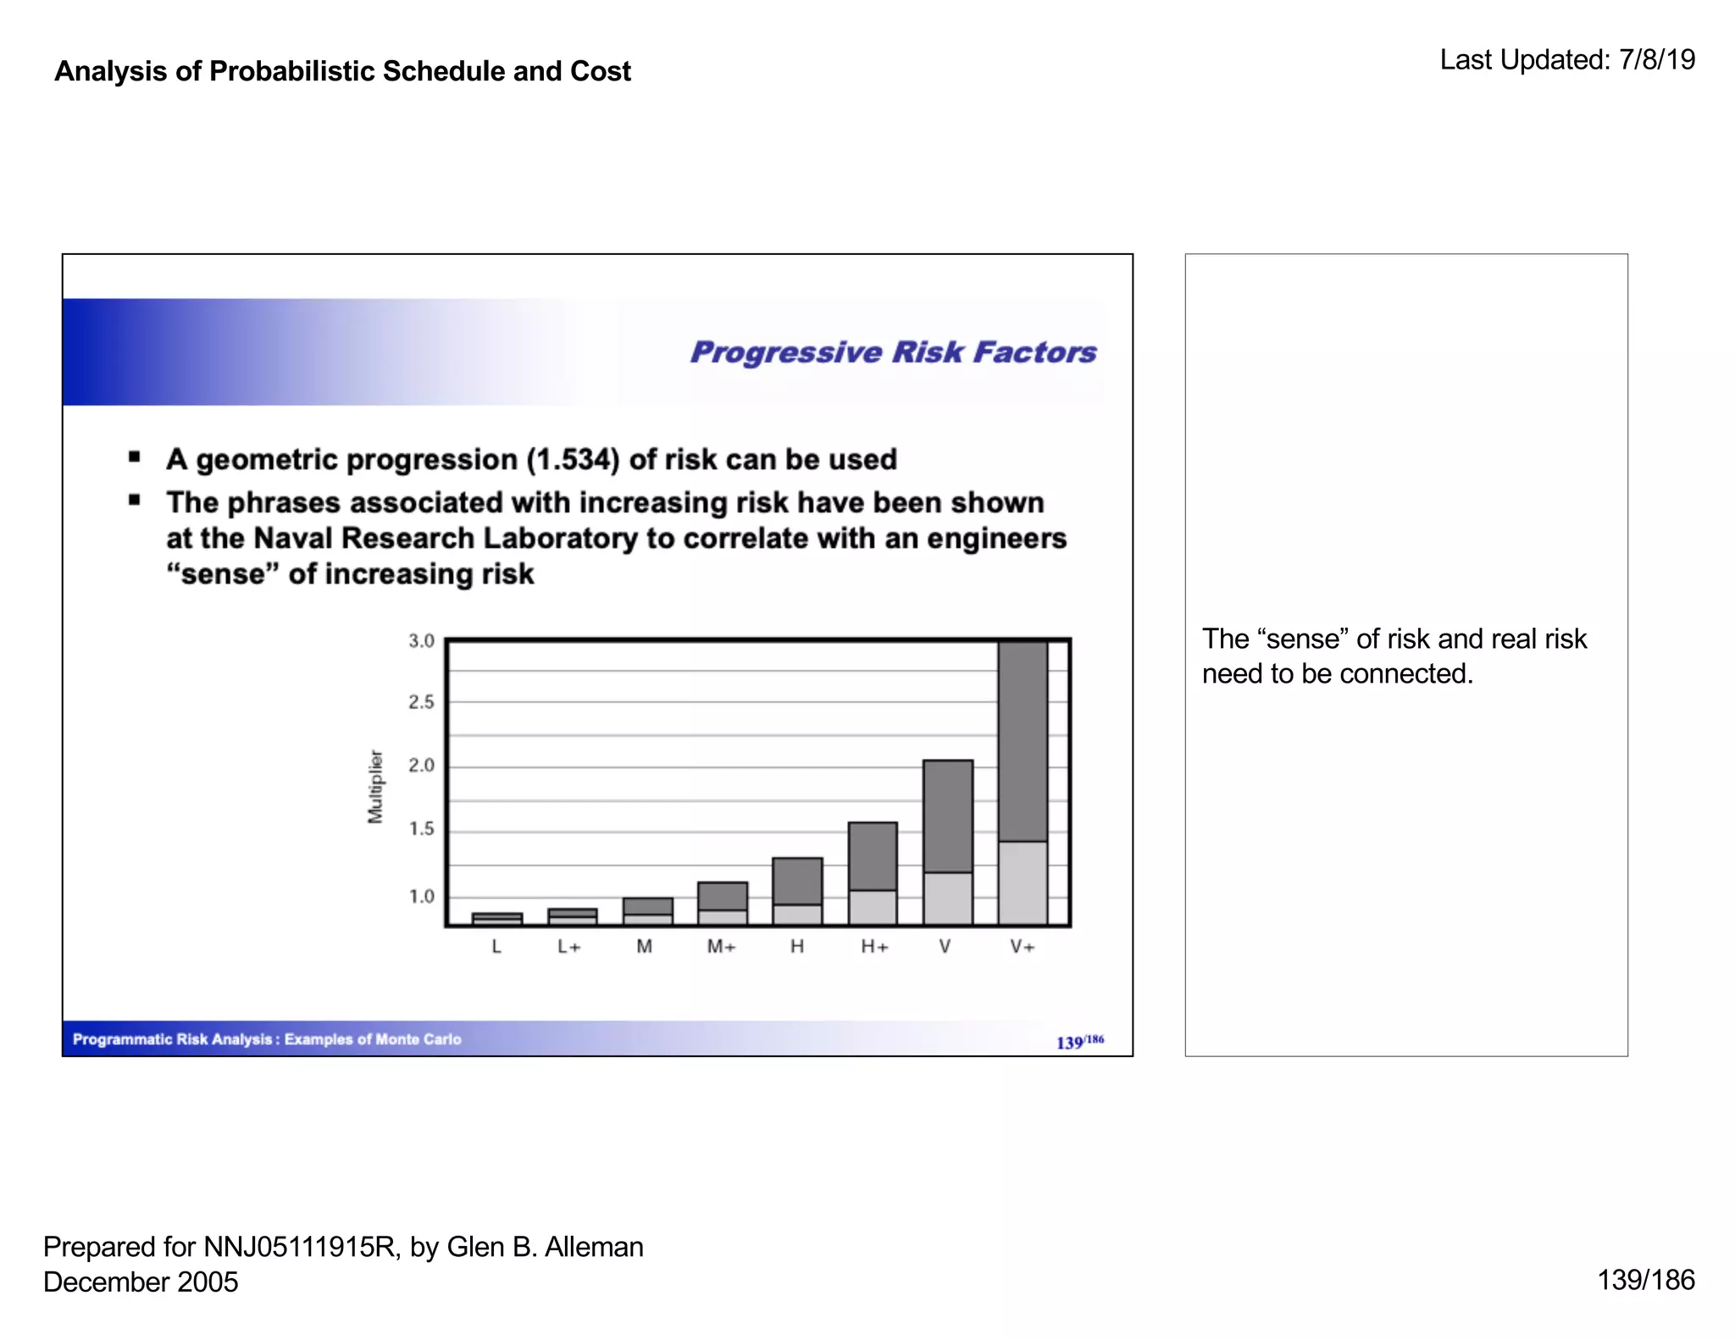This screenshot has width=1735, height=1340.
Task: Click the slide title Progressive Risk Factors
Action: click(893, 352)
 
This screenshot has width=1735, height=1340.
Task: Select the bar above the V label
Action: click(948, 842)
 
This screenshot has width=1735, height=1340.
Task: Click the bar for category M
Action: click(647, 911)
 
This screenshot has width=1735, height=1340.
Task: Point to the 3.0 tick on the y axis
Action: click(421, 641)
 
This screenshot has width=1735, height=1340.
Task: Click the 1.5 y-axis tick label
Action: click(421, 829)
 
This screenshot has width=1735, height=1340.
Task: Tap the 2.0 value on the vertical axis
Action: click(421, 766)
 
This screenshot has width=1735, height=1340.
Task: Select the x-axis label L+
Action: click(569, 947)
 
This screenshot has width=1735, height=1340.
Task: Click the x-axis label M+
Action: click(721, 947)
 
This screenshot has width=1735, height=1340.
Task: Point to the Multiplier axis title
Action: click(375, 786)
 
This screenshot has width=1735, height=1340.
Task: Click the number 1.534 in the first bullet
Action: click(572, 460)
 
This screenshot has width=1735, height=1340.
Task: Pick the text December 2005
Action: click(141, 1282)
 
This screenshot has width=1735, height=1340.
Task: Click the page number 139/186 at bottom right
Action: click(1645, 1280)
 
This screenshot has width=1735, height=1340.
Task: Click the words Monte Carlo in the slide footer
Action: click(419, 1039)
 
